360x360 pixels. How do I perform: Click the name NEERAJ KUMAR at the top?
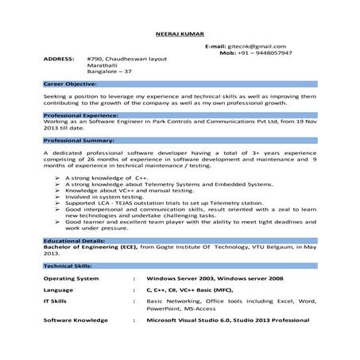tap(180, 34)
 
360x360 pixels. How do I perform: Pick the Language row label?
tap(59, 292)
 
